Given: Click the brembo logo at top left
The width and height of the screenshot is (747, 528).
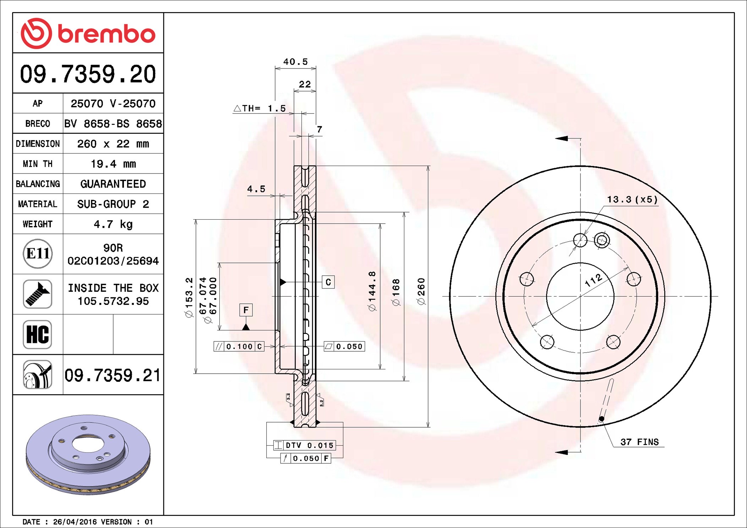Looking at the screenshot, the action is coord(88,33).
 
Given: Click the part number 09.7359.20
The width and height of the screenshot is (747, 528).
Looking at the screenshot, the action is coord(88,74).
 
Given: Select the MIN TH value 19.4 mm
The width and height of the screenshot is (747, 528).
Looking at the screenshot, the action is coord(113,164).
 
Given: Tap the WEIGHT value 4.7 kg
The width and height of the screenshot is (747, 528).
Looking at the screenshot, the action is coord(113,224).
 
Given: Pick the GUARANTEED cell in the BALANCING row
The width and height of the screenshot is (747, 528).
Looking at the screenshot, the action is coord(113,184).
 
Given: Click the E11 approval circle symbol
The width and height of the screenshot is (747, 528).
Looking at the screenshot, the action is coord(38,254).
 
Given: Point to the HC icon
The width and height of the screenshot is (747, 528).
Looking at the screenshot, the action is coord(38,334).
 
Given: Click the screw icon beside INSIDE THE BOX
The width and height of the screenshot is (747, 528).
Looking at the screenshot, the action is coord(38,294).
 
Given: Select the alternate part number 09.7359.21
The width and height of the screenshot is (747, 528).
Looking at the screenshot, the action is coord(113,375).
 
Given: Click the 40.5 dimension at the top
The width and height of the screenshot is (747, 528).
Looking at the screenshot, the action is coord(295,62).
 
